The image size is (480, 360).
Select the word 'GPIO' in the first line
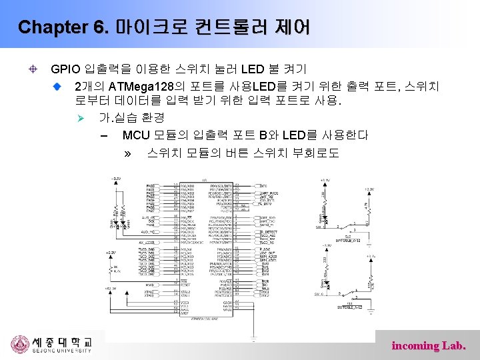(65, 69)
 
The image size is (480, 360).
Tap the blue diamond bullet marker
(58, 86)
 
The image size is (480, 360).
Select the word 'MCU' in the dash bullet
(136, 135)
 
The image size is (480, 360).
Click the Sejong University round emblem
(19, 344)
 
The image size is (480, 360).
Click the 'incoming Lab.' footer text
(429, 345)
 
